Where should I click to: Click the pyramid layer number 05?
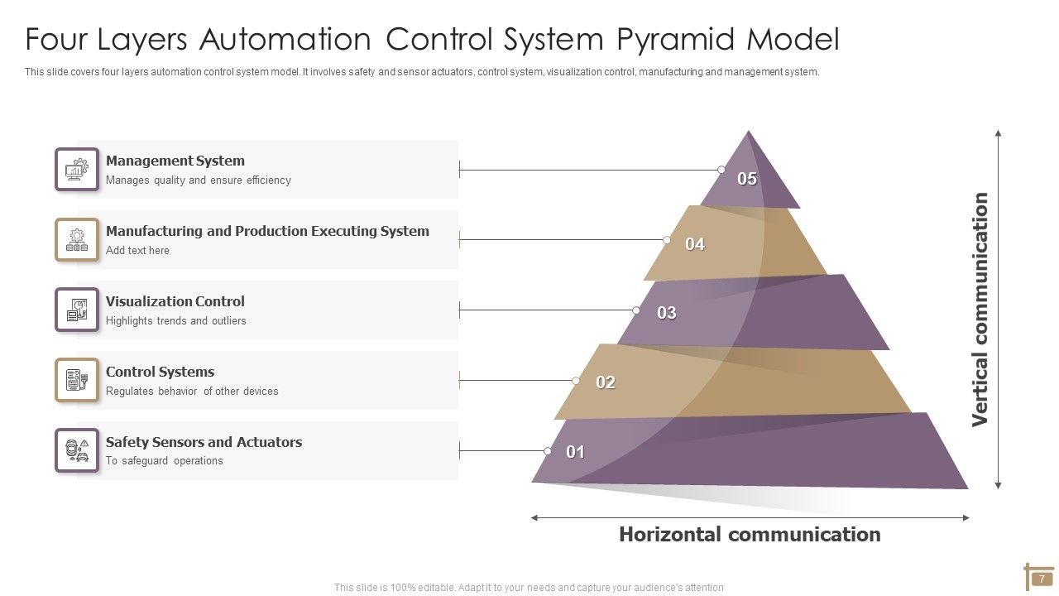(x=747, y=179)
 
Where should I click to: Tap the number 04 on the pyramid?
(x=695, y=244)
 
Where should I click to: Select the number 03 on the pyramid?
(x=667, y=313)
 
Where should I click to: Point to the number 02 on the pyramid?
(x=606, y=382)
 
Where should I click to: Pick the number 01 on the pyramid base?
(x=576, y=452)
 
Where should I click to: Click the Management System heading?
(x=175, y=161)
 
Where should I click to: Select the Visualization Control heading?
(x=175, y=301)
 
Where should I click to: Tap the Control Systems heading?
(x=160, y=372)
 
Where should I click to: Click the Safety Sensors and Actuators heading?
(x=204, y=442)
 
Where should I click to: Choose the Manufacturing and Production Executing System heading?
(x=267, y=231)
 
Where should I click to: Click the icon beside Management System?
(x=77, y=170)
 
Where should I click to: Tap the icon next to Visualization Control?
(x=77, y=310)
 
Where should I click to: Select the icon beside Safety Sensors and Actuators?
(x=77, y=451)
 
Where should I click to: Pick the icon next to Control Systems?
(x=77, y=381)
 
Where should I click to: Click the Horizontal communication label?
(x=750, y=535)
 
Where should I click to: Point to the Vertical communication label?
(x=980, y=310)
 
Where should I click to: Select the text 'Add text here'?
(x=137, y=251)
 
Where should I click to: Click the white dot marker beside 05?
(x=721, y=170)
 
